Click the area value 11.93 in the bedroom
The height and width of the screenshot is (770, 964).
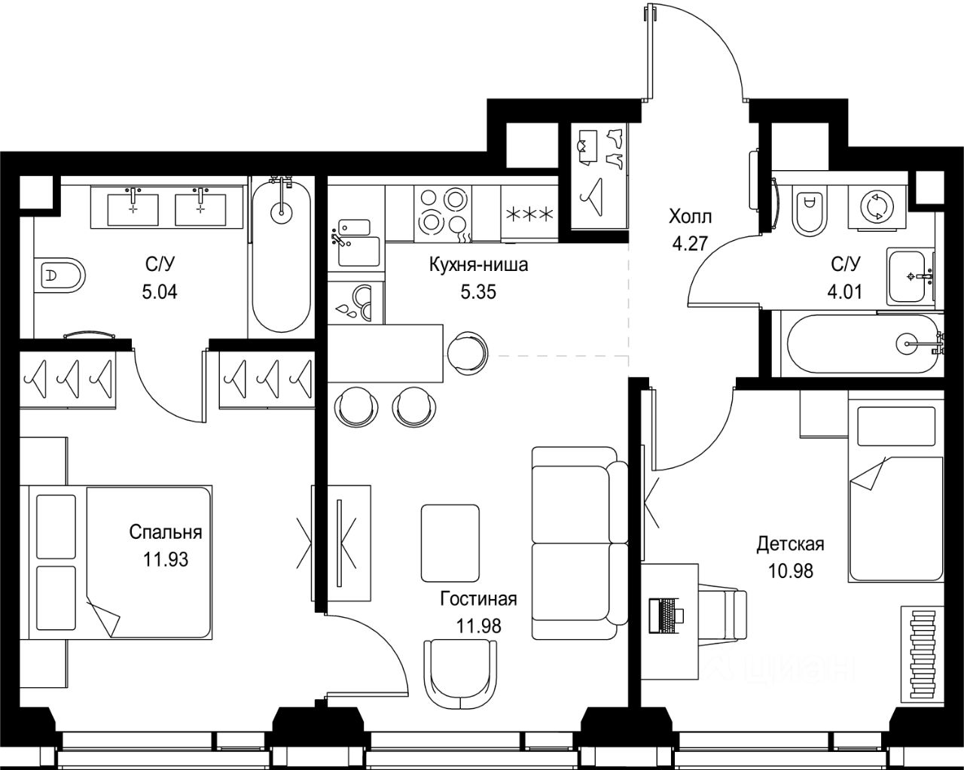pos(166,559)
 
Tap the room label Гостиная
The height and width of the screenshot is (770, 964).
pos(478,599)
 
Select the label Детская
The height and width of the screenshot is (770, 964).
pos(791,544)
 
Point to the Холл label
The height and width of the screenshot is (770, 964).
pos(690,217)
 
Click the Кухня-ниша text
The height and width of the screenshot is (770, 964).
pos(478,265)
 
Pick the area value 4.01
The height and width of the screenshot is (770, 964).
pos(845,292)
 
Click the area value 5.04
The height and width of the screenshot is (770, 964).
pos(160,292)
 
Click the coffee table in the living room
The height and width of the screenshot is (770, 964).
pos(450,543)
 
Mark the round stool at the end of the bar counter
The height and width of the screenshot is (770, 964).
pos(468,353)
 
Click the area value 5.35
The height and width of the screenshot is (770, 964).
pos(478,292)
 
